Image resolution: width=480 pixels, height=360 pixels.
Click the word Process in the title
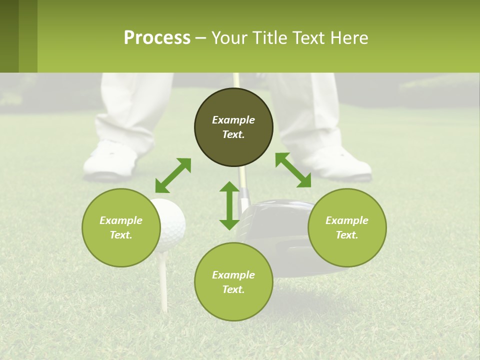(x=157, y=38)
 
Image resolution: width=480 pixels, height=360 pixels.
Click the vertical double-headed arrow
(x=229, y=205)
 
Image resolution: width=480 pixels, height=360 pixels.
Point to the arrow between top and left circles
(x=173, y=175)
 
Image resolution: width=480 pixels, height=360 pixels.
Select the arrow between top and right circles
(x=293, y=170)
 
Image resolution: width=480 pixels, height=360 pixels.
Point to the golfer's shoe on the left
(x=109, y=160)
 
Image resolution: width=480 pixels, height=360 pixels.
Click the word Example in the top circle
(x=233, y=120)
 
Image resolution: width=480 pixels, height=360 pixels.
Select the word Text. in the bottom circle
(x=233, y=289)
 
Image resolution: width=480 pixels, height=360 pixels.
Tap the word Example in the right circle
(x=347, y=220)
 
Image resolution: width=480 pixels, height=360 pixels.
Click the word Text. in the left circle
(x=121, y=235)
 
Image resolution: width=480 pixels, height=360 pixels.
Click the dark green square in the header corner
(x=9, y=36)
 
